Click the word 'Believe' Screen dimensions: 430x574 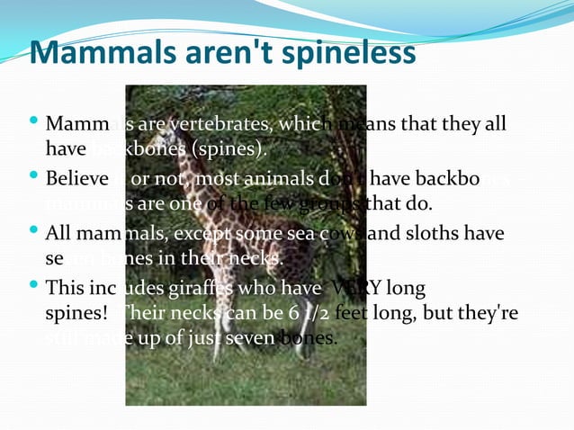tap(76, 180)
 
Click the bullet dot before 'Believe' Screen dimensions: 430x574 tap(34, 177)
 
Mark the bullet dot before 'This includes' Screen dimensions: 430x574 tap(34, 288)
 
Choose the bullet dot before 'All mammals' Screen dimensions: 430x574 tap(34, 232)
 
